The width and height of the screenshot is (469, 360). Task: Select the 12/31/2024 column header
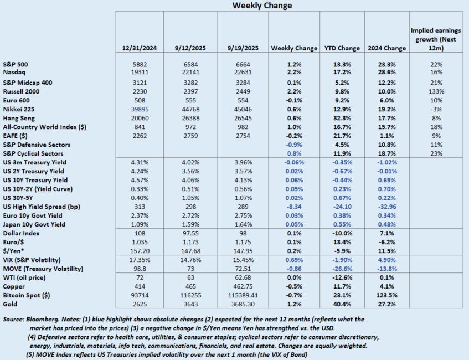click(x=140, y=48)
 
